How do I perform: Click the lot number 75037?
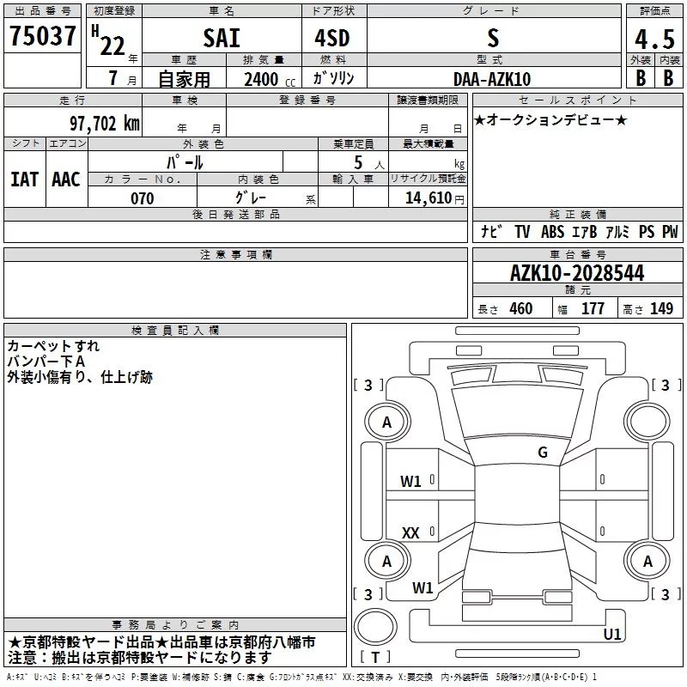point(42,35)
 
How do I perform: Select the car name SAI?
point(222,38)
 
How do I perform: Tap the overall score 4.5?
point(654,39)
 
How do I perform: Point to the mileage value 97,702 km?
point(105,124)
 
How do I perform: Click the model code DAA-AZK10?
point(492,79)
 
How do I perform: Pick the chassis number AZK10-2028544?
point(577,273)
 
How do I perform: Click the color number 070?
point(143,198)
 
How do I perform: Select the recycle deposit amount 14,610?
point(429,198)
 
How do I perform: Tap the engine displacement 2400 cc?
point(270,79)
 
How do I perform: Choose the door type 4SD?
point(332,38)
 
